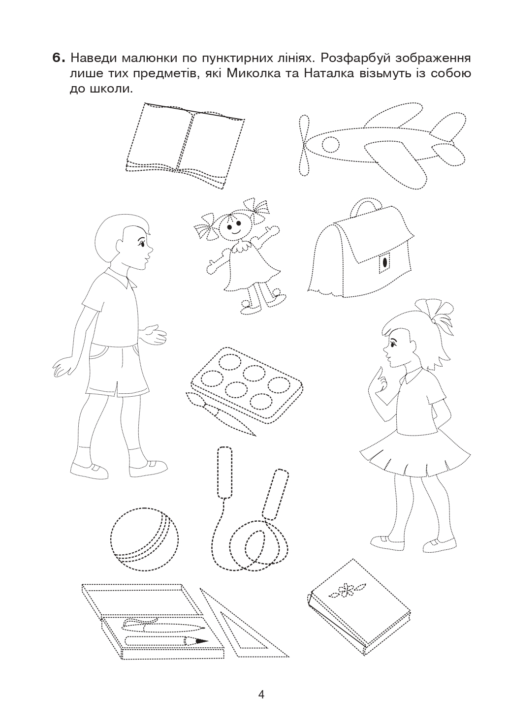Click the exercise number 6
click(59, 59)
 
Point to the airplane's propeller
click(304, 145)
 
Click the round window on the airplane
click(331, 144)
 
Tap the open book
click(185, 145)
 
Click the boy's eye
click(142, 242)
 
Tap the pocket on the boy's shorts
click(97, 352)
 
